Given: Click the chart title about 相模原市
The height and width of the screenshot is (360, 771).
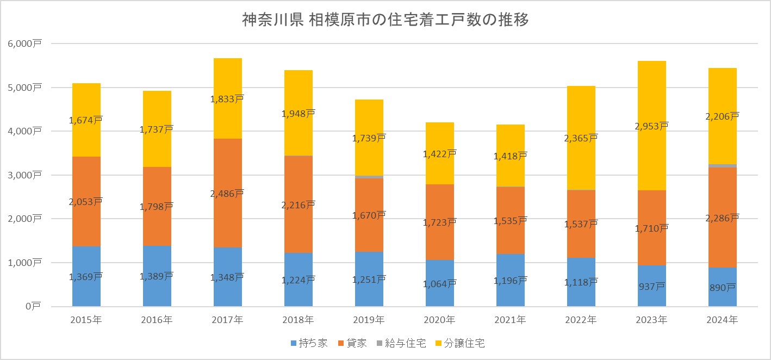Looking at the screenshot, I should (x=385, y=21).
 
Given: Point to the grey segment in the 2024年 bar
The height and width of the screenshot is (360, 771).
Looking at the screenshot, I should (x=723, y=166).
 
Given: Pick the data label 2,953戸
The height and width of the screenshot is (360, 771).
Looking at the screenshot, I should (x=652, y=126).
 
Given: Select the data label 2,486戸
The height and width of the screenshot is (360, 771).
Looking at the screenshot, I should (x=228, y=193).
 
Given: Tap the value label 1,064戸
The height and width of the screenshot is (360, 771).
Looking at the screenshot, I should (x=440, y=283).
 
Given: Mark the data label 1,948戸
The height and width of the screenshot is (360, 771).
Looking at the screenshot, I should (x=299, y=114).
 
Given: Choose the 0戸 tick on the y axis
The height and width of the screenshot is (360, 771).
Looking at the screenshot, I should (x=35, y=307).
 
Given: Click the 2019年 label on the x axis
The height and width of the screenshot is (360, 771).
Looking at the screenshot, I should (x=369, y=320).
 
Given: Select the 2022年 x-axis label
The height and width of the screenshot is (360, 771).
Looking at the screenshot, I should (x=581, y=320).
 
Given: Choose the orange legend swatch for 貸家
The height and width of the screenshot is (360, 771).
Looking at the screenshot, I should (x=341, y=344).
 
